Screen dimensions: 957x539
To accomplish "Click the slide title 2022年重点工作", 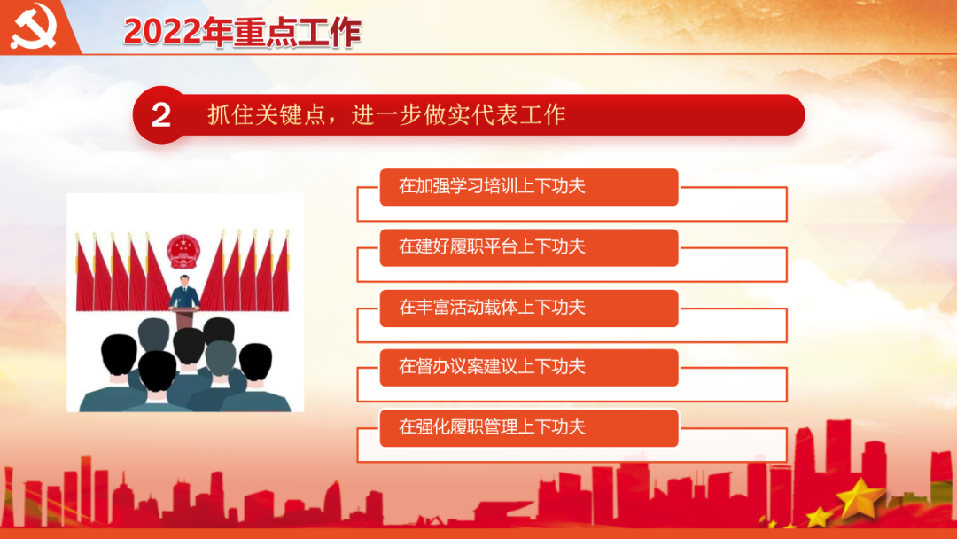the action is (x=242, y=32).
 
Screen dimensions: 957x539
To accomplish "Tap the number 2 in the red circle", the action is (x=161, y=114).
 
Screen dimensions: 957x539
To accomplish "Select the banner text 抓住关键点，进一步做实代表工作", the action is (x=386, y=114).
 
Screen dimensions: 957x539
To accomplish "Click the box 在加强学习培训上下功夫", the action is (x=528, y=187).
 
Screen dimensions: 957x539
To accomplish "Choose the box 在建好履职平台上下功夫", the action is (x=528, y=247).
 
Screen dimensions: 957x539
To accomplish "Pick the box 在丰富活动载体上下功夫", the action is (x=528, y=309).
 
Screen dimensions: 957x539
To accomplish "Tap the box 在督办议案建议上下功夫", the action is (x=528, y=368).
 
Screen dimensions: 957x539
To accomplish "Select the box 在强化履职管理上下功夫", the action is (x=528, y=428).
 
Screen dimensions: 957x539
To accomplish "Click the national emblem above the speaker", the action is (x=183, y=252).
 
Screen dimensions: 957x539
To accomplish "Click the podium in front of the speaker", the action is (x=184, y=318).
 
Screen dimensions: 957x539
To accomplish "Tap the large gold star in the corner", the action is (x=860, y=497).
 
